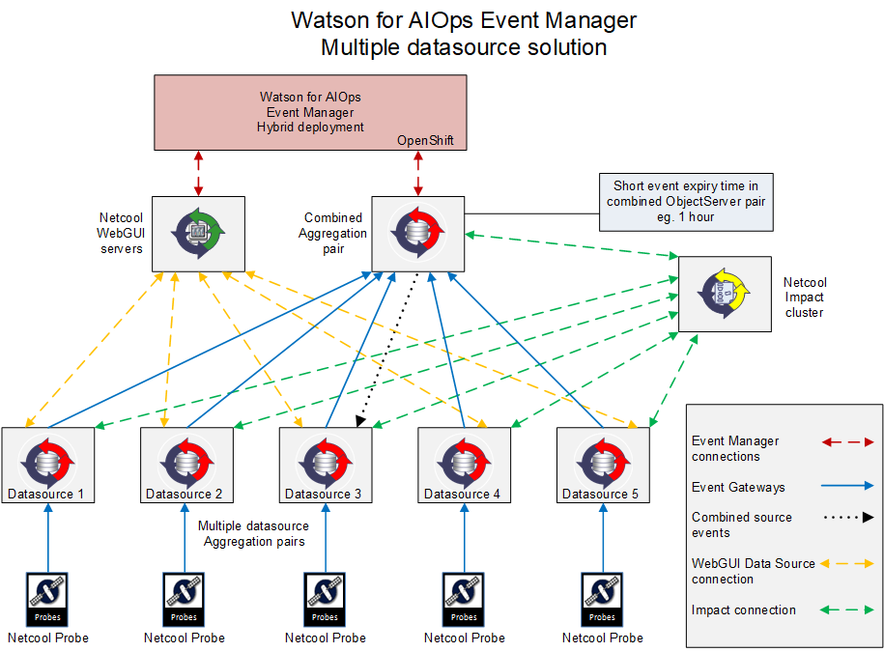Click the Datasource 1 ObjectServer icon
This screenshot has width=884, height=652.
tap(47, 461)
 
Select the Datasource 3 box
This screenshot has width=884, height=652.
tap(326, 465)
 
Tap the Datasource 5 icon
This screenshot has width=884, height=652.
tap(603, 461)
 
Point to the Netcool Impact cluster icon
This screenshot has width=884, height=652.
tap(725, 293)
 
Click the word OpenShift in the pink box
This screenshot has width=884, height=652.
tap(425, 141)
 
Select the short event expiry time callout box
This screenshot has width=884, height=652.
tap(686, 202)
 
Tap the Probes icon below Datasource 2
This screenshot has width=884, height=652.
tap(185, 598)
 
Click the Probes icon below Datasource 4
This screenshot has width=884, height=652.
tap(464, 598)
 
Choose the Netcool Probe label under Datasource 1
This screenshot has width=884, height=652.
tap(48, 638)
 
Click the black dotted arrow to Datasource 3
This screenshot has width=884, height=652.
tap(389, 347)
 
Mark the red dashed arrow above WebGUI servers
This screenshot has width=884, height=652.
tap(198, 173)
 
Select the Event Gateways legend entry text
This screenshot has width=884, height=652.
tap(738, 488)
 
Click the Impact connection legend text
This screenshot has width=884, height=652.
tap(744, 610)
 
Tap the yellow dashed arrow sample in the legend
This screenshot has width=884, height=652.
tap(846, 563)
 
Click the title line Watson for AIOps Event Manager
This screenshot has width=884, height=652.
tap(464, 20)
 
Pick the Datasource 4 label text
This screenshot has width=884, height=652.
tap(462, 495)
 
